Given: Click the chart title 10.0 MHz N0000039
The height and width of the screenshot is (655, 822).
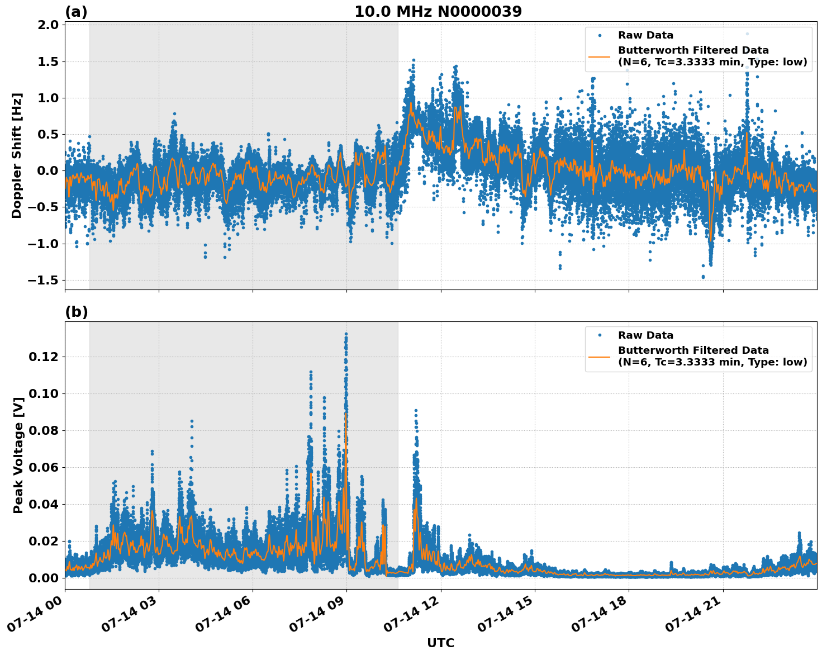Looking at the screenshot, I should (438, 11).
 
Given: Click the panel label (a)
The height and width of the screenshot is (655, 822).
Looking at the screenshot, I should (76, 12).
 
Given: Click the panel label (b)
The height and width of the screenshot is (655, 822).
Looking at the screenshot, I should (76, 312).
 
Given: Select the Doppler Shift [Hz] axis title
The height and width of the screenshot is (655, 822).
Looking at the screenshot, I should (17, 155).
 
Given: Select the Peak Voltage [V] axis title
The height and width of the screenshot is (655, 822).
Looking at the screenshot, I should (18, 468).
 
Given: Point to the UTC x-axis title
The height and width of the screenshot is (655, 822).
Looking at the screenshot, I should (440, 643).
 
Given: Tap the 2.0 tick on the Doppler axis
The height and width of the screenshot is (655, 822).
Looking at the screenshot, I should (48, 25).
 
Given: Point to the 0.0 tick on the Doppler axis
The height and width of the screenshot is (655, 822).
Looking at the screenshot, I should (48, 171).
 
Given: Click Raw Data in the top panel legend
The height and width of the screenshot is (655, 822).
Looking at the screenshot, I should (645, 35).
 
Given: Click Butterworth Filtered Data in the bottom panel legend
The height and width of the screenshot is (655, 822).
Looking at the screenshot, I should (693, 350).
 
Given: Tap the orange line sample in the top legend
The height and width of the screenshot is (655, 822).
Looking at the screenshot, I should (600, 56).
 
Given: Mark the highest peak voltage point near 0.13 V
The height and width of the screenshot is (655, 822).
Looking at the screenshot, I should (346, 334).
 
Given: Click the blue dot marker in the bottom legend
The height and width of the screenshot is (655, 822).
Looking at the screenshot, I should (600, 335).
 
